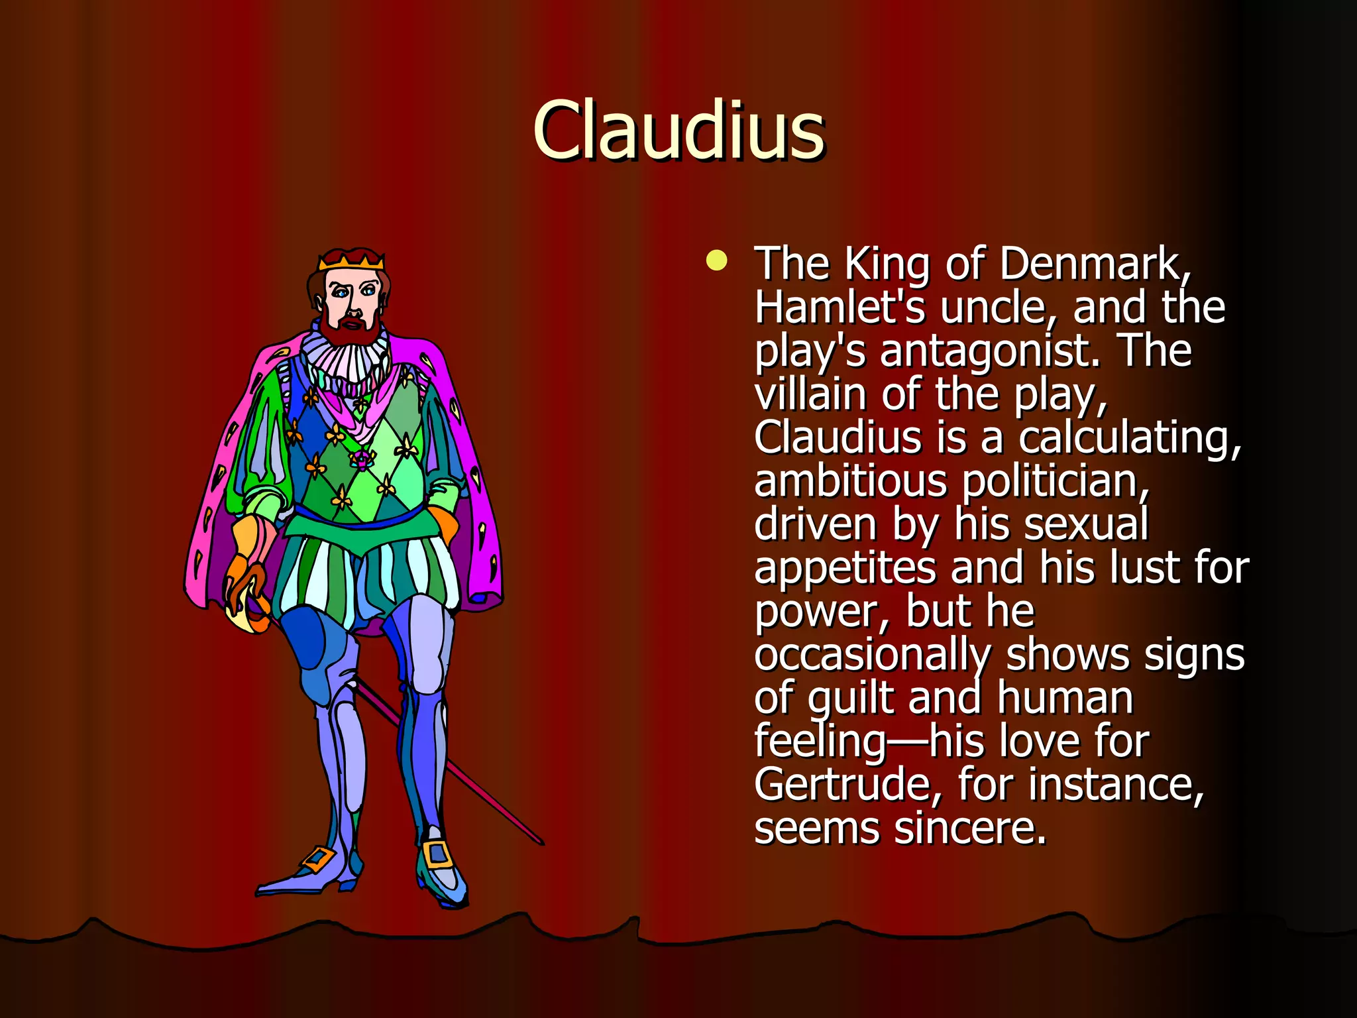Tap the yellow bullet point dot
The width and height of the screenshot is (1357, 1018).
[716, 260]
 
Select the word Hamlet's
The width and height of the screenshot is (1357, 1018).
[839, 308]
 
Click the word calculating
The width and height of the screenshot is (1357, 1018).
[1129, 438]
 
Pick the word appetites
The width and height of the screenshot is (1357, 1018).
[845, 569]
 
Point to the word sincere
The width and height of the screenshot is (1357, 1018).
[970, 828]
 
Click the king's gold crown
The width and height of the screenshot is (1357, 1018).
[351, 260]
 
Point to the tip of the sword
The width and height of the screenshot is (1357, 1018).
[541, 842]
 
